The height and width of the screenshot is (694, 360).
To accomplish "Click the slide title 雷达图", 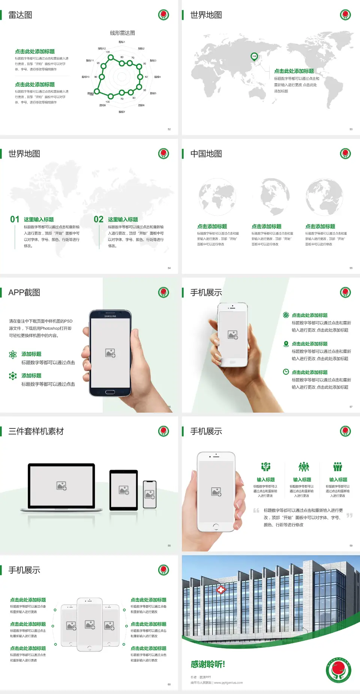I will coord(20,15).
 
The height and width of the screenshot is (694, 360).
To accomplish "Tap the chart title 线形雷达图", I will coord(122,33).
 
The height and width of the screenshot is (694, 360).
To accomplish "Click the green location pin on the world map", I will coord(254,57).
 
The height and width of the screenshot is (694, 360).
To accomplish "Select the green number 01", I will coord(15,219).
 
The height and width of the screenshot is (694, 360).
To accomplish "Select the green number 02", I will coord(99,219).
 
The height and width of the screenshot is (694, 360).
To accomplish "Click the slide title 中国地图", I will coord(206,154).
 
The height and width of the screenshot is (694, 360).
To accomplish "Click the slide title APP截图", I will coord(24,293).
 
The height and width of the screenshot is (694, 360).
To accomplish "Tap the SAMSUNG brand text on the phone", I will coord(110,316).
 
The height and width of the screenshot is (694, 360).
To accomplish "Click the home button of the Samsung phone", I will coord(110,392).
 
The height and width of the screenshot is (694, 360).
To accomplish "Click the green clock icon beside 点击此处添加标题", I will coord(286,372).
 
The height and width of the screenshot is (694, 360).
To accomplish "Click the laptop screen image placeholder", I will coord(61,486).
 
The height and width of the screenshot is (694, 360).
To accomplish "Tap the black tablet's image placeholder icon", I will coord(124,490).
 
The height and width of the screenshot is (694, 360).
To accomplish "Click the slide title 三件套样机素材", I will coord(36,431).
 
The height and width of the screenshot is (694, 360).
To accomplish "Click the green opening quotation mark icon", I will coord(256,511).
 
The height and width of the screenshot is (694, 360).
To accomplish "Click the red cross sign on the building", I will coord(221,590).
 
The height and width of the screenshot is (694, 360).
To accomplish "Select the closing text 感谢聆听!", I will coord(208,664).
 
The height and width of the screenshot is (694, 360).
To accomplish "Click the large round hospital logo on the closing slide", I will coord(338,670).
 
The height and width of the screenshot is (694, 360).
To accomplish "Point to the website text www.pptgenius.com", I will coord(228,683).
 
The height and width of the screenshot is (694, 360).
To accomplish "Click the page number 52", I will coord(169,129).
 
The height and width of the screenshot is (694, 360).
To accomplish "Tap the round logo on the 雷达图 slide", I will coord(163,15).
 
